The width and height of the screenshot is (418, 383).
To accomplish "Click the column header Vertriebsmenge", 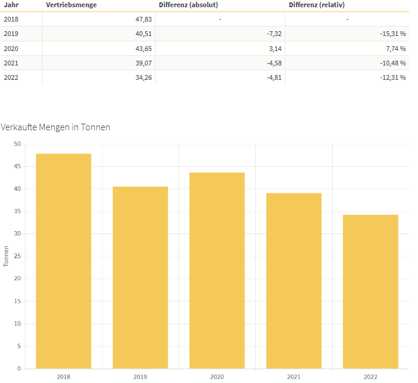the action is coord(71,5).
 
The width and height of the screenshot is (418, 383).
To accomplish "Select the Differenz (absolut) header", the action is coord(188,5).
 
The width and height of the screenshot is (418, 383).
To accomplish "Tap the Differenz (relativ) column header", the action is coord(317,5).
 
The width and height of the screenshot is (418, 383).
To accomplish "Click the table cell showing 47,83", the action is coord(144,19).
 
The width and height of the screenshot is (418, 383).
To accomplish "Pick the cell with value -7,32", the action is coord(274,34).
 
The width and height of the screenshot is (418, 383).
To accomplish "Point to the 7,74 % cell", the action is coord(396,49).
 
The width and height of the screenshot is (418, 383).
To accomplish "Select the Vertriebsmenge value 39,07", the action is coord(144,63).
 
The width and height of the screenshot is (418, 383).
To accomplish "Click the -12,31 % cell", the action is coord(393,77).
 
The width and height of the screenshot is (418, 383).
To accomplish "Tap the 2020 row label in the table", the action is coord(11,49).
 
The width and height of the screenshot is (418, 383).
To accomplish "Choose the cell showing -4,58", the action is coord(274,63).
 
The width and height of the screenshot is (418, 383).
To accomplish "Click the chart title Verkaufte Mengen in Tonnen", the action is coord(55,127).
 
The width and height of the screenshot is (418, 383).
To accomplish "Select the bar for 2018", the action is coord(64,261).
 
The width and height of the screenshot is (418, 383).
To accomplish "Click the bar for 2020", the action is coord(217,271).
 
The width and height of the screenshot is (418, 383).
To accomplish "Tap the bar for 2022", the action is coord(371,292).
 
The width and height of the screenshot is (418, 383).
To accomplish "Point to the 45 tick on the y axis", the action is coord(17,166).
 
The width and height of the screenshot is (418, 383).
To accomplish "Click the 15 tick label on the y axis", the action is coord(17,301).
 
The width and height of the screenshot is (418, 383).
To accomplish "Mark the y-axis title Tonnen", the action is coord(6,256).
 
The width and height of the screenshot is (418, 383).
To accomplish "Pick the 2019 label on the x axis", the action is coord(140,377).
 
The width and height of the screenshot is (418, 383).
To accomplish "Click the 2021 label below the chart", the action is coord(294,377).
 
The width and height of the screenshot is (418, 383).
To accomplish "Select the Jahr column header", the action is coord(11,5).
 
